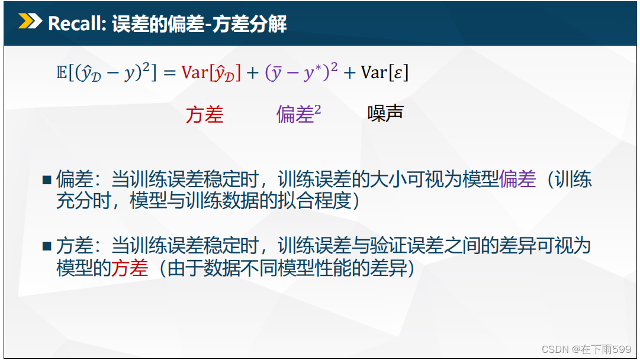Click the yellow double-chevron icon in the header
[x=30, y=22]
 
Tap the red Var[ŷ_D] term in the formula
[x=211, y=73]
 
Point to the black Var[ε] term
[x=384, y=73]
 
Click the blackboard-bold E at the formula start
[x=62, y=73]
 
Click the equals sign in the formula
[x=169, y=73]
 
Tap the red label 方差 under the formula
[x=204, y=114]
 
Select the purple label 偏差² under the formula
[x=298, y=114]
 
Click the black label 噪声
[x=385, y=113]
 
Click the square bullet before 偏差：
[x=47, y=179]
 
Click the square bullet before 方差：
[x=47, y=246]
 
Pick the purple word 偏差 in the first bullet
[x=517, y=179]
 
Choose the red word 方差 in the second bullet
[x=130, y=268]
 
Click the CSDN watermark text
[x=587, y=349]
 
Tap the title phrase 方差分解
[x=249, y=24]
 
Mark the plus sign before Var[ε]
[x=349, y=73]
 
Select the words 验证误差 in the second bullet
[x=406, y=245]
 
